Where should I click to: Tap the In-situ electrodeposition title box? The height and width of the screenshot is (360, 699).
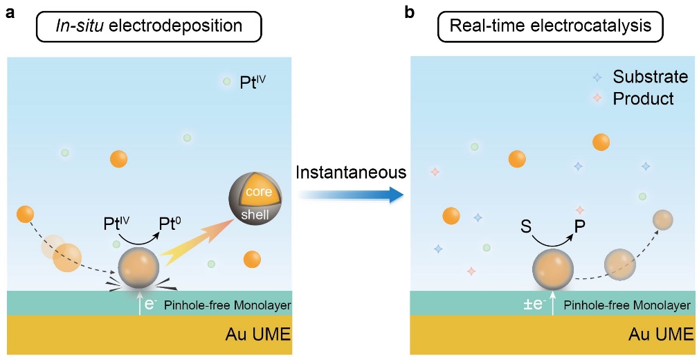[x=149, y=27]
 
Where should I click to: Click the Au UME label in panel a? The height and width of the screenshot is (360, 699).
[x=258, y=336]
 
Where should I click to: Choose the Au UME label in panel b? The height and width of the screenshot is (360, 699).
[x=661, y=336]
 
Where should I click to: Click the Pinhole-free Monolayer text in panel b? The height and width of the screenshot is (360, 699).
[x=627, y=305]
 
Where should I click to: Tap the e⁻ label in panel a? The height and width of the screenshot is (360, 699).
[x=150, y=303]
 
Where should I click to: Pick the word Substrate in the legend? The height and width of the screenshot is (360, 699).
[x=650, y=77]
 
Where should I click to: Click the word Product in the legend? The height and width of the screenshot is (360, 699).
[x=643, y=99]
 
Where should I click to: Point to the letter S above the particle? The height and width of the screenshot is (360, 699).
[x=525, y=226]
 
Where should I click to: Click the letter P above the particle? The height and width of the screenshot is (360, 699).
[x=580, y=226]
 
